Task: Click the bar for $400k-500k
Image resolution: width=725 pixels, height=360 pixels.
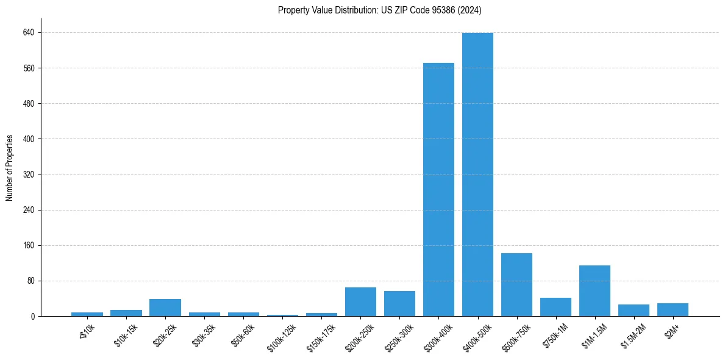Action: pos(477,175)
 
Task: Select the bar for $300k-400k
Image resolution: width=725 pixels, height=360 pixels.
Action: pos(438,189)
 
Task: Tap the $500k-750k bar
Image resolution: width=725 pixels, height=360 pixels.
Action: pos(516,284)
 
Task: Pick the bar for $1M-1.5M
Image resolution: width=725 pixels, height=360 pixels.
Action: pos(595,290)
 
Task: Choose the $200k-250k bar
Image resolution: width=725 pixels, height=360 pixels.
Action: pos(360,301)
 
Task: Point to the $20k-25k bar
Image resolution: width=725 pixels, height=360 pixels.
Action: pos(165,308)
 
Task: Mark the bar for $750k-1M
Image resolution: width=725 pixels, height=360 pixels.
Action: pos(555,307)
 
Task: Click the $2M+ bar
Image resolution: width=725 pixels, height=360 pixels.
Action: pos(673,309)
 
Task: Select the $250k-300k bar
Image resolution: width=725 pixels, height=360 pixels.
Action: pos(399,303)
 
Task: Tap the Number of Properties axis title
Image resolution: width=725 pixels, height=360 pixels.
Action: pos(10,168)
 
